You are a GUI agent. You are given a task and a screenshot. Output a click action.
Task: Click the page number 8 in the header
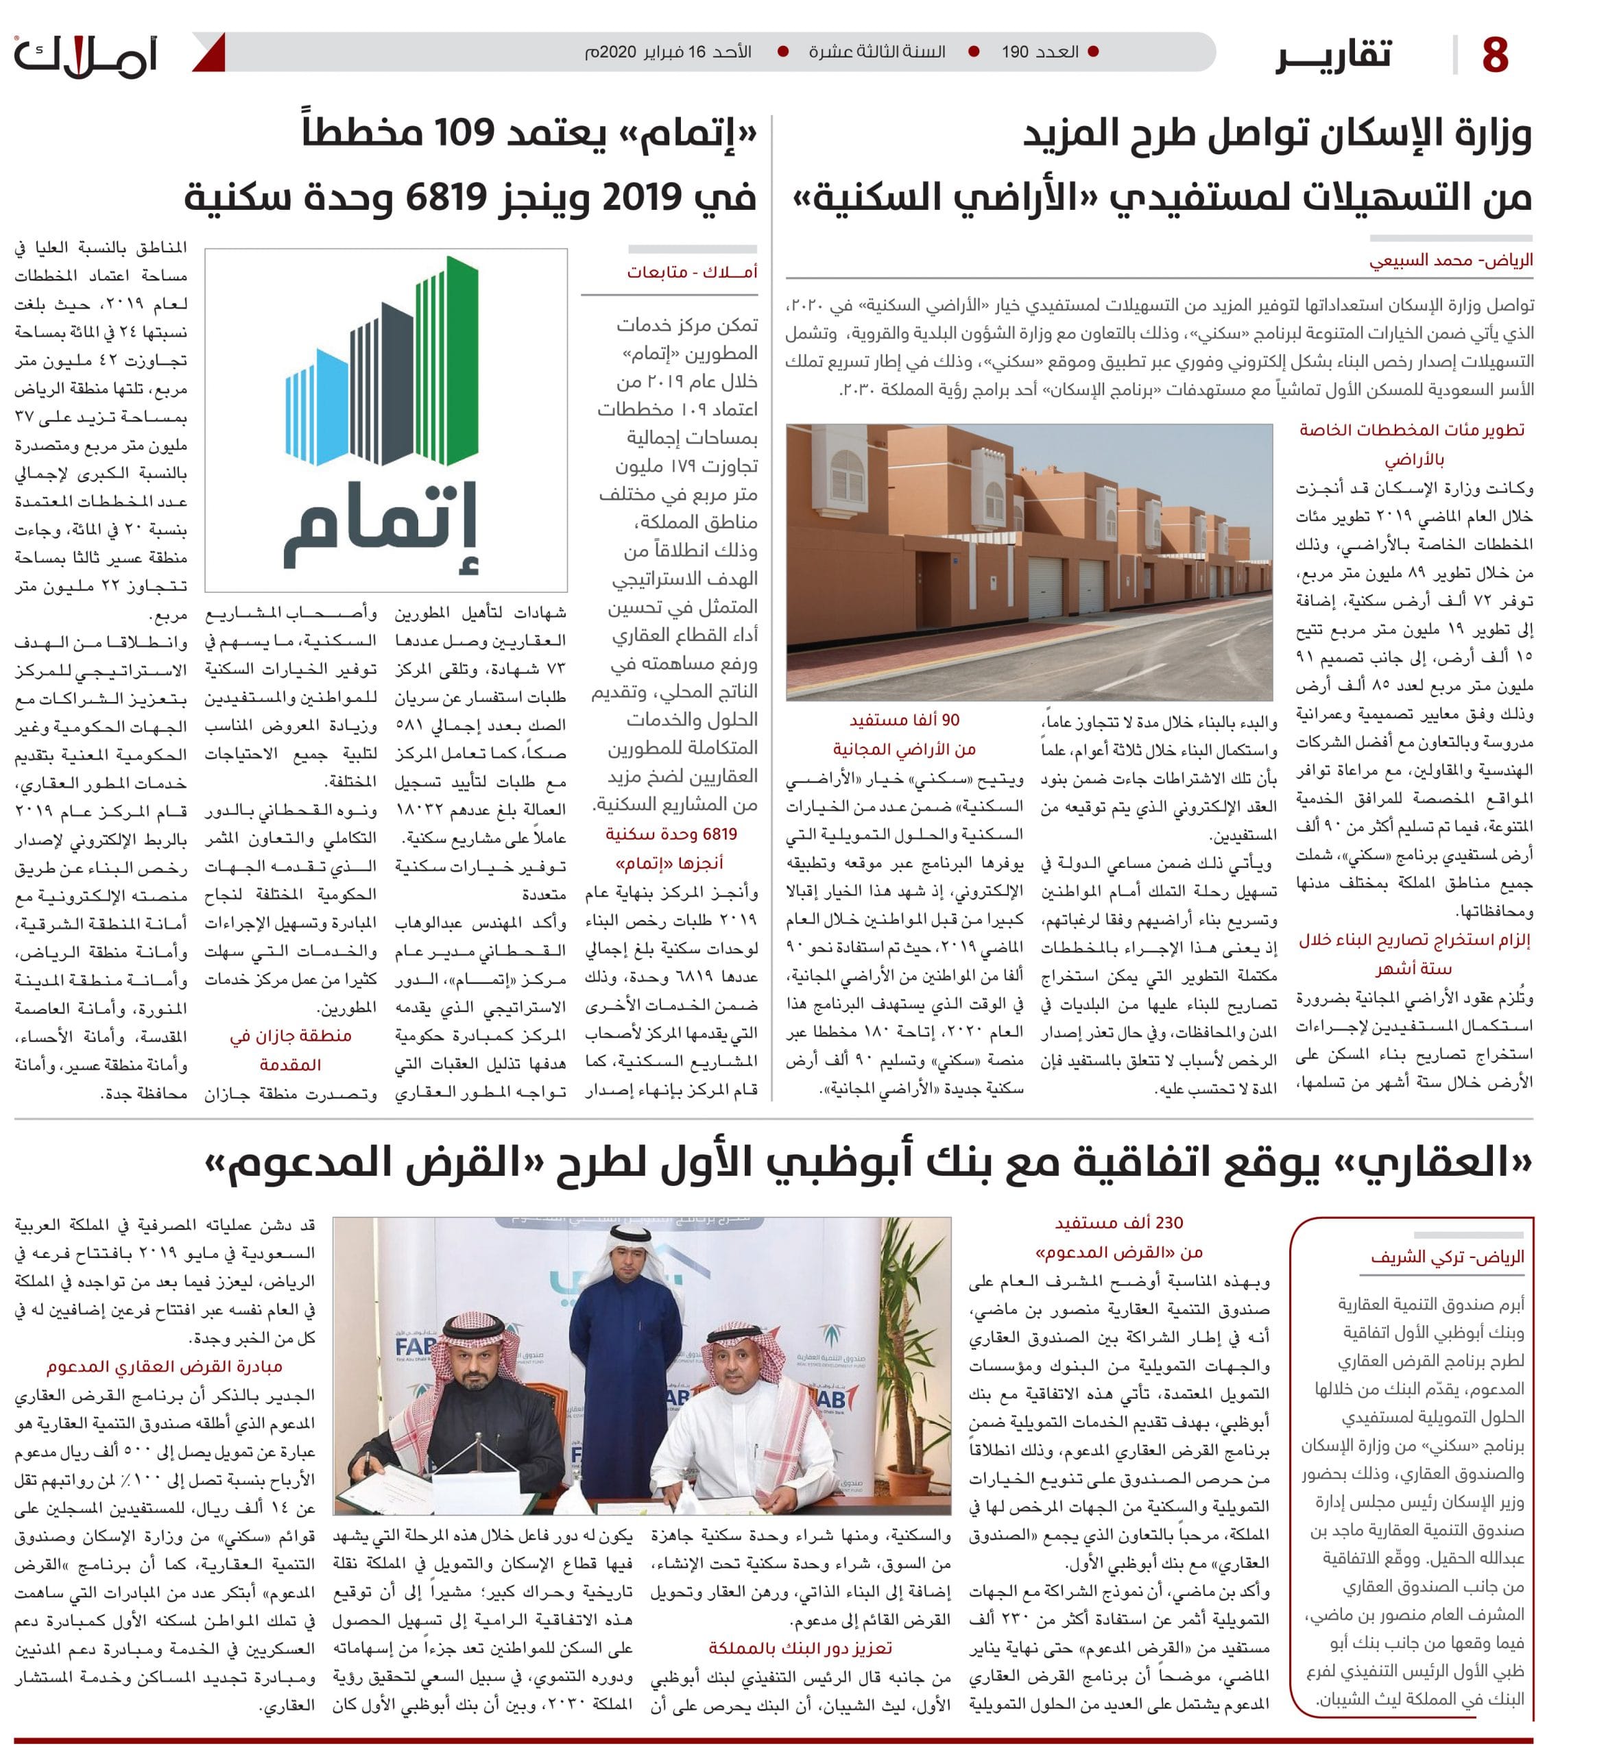pyautogui.click(x=1494, y=54)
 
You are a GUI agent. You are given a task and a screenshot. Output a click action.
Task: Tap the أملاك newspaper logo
pyautogui.click(x=84, y=57)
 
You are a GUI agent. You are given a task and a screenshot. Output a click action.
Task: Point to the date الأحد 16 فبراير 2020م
pyautogui.click(x=668, y=52)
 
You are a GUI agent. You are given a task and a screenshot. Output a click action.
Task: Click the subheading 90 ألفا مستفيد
pyautogui.click(x=904, y=721)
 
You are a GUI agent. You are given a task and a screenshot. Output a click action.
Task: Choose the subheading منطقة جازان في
pyautogui.click(x=291, y=1036)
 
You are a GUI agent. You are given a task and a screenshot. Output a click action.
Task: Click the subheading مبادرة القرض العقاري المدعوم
pyautogui.click(x=165, y=1367)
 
